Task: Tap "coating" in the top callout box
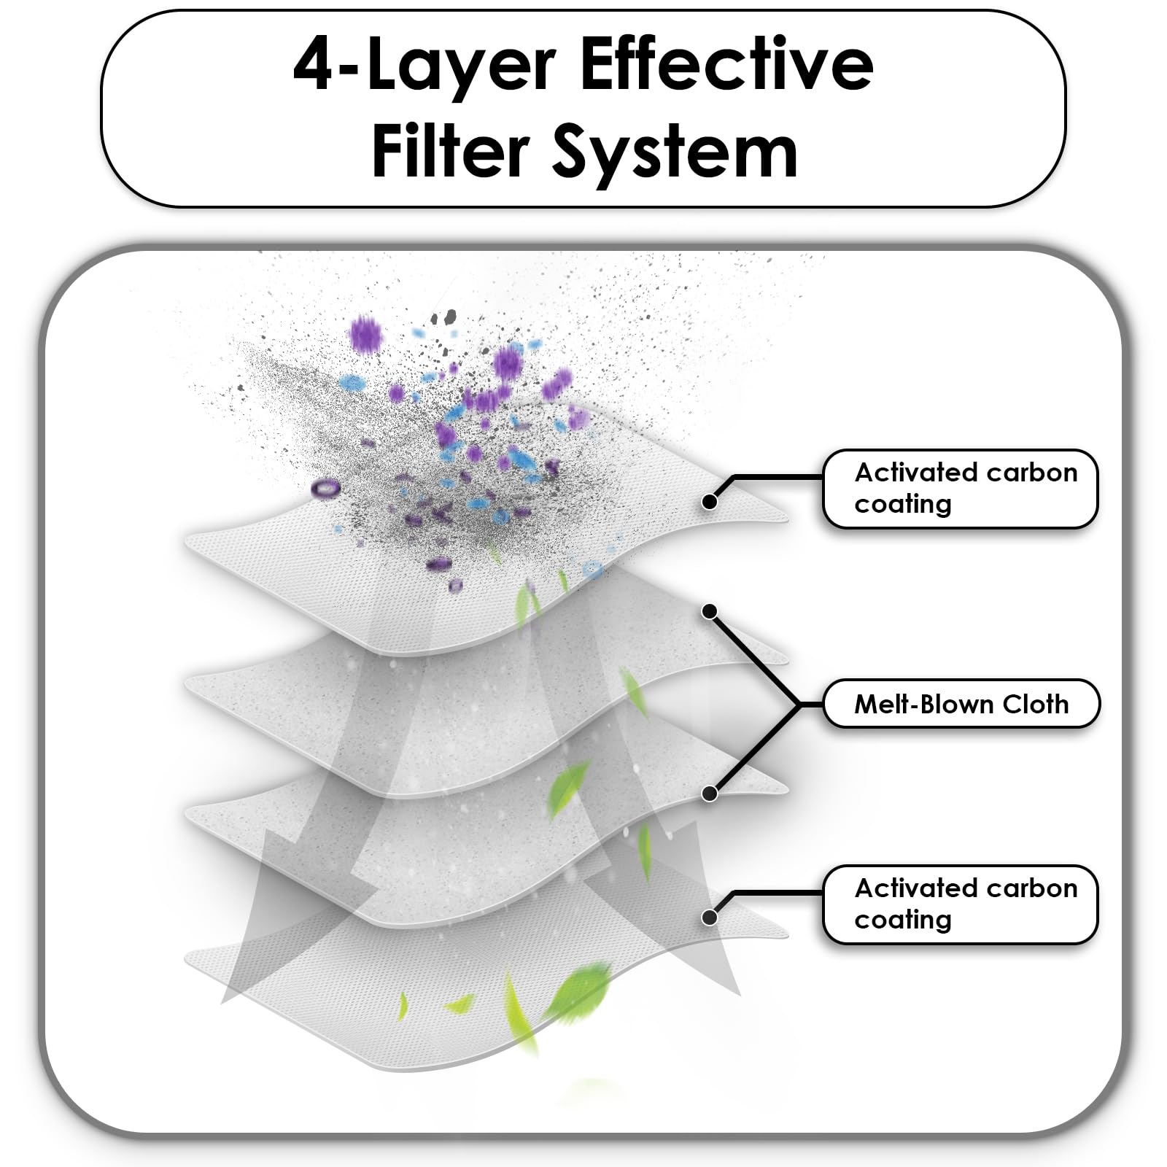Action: [x=903, y=505]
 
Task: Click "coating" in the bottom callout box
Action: [x=903, y=920]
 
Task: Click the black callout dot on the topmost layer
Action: [x=709, y=502]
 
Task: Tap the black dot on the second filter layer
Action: [x=709, y=611]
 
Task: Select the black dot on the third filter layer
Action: [x=709, y=794]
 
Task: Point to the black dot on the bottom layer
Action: [x=709, y=918]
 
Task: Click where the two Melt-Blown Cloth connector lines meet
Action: [x=800, y=704]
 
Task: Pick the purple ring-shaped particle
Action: [x=325, y=488]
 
